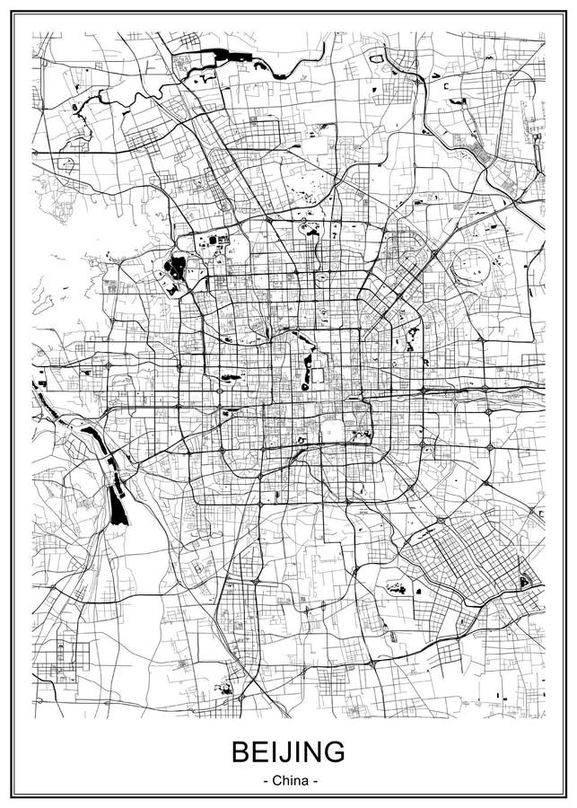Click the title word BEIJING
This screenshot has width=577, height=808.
288,751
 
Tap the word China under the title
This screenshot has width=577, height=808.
289,780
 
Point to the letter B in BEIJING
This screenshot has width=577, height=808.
240,751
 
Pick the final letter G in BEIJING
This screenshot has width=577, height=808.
334,751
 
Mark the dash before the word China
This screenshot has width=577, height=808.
266,781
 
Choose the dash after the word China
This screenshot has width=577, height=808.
313,781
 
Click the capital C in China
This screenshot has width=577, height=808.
275,780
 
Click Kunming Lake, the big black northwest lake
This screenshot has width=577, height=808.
177,266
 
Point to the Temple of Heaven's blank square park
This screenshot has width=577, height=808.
333,431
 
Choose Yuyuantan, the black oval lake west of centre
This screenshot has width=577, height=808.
230,377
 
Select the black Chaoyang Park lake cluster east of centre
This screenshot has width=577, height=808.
413,337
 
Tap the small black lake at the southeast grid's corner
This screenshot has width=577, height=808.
524,582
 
